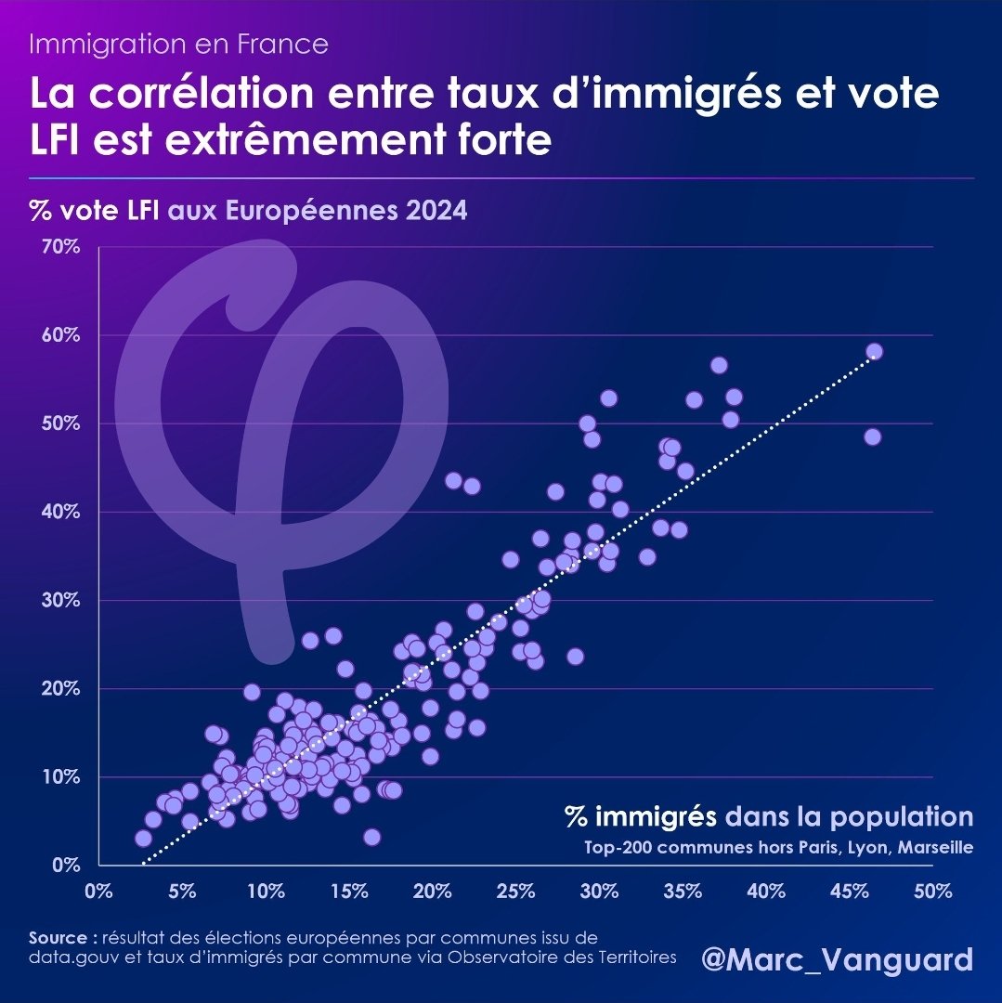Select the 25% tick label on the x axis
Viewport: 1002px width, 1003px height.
point(515,892)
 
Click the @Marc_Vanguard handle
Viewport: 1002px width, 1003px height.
point(838,959)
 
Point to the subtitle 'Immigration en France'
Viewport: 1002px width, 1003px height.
point(178,44)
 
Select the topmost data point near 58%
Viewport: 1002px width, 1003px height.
point(874,351)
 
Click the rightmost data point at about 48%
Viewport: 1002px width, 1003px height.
point(872,436)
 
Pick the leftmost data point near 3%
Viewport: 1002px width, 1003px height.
point(143,838)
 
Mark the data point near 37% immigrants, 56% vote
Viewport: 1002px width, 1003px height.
point(718,365)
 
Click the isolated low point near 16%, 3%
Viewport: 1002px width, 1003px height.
point(371,837)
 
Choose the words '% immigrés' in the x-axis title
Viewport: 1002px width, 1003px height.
point(641,817)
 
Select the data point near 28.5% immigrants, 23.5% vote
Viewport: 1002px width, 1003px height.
point(575,657)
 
